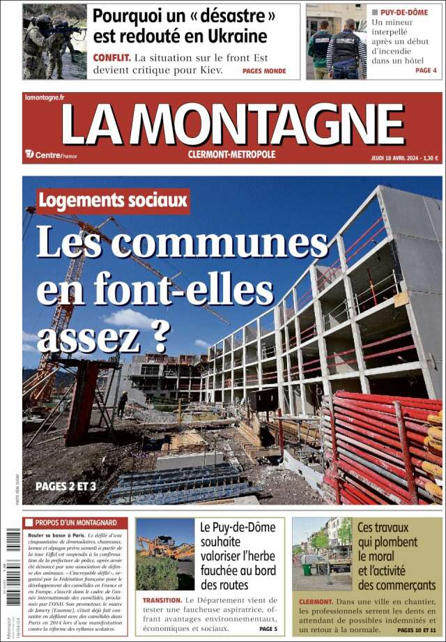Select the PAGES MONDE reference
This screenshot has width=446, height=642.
264,71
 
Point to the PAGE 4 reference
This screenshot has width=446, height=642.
426,70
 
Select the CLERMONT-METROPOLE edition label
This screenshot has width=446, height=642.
232,154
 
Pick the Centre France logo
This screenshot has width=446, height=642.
51,155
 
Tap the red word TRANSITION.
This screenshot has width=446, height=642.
162,599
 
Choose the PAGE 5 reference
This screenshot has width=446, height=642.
268,629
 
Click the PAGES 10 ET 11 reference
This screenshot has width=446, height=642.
416,630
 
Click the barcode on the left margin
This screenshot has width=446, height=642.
13,551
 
